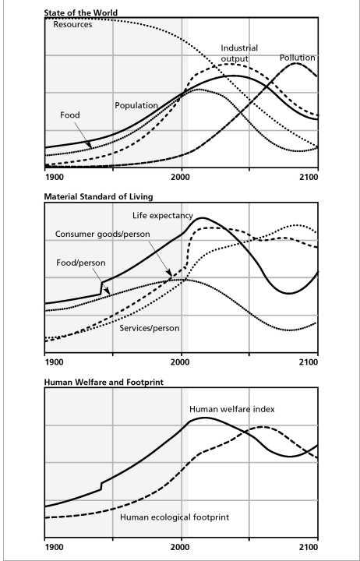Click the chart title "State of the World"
[80, 13]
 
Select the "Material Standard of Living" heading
[98, 197]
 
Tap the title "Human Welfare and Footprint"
[104, 383]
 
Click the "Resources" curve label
[72, 25]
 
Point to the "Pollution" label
[298, 58]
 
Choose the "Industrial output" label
[239, 53]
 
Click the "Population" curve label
[136, 105]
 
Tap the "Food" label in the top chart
[70, 115]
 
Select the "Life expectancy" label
[162, 215]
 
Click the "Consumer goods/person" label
[102, 235]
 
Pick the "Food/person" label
[81, 263]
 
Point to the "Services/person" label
[150, 328]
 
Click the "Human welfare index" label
[232, 409]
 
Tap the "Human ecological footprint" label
[175, 517]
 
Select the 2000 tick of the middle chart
[182, 362]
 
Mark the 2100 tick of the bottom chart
[309, 548]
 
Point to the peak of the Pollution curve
[296, 63]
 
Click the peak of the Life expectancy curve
[202, 217]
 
